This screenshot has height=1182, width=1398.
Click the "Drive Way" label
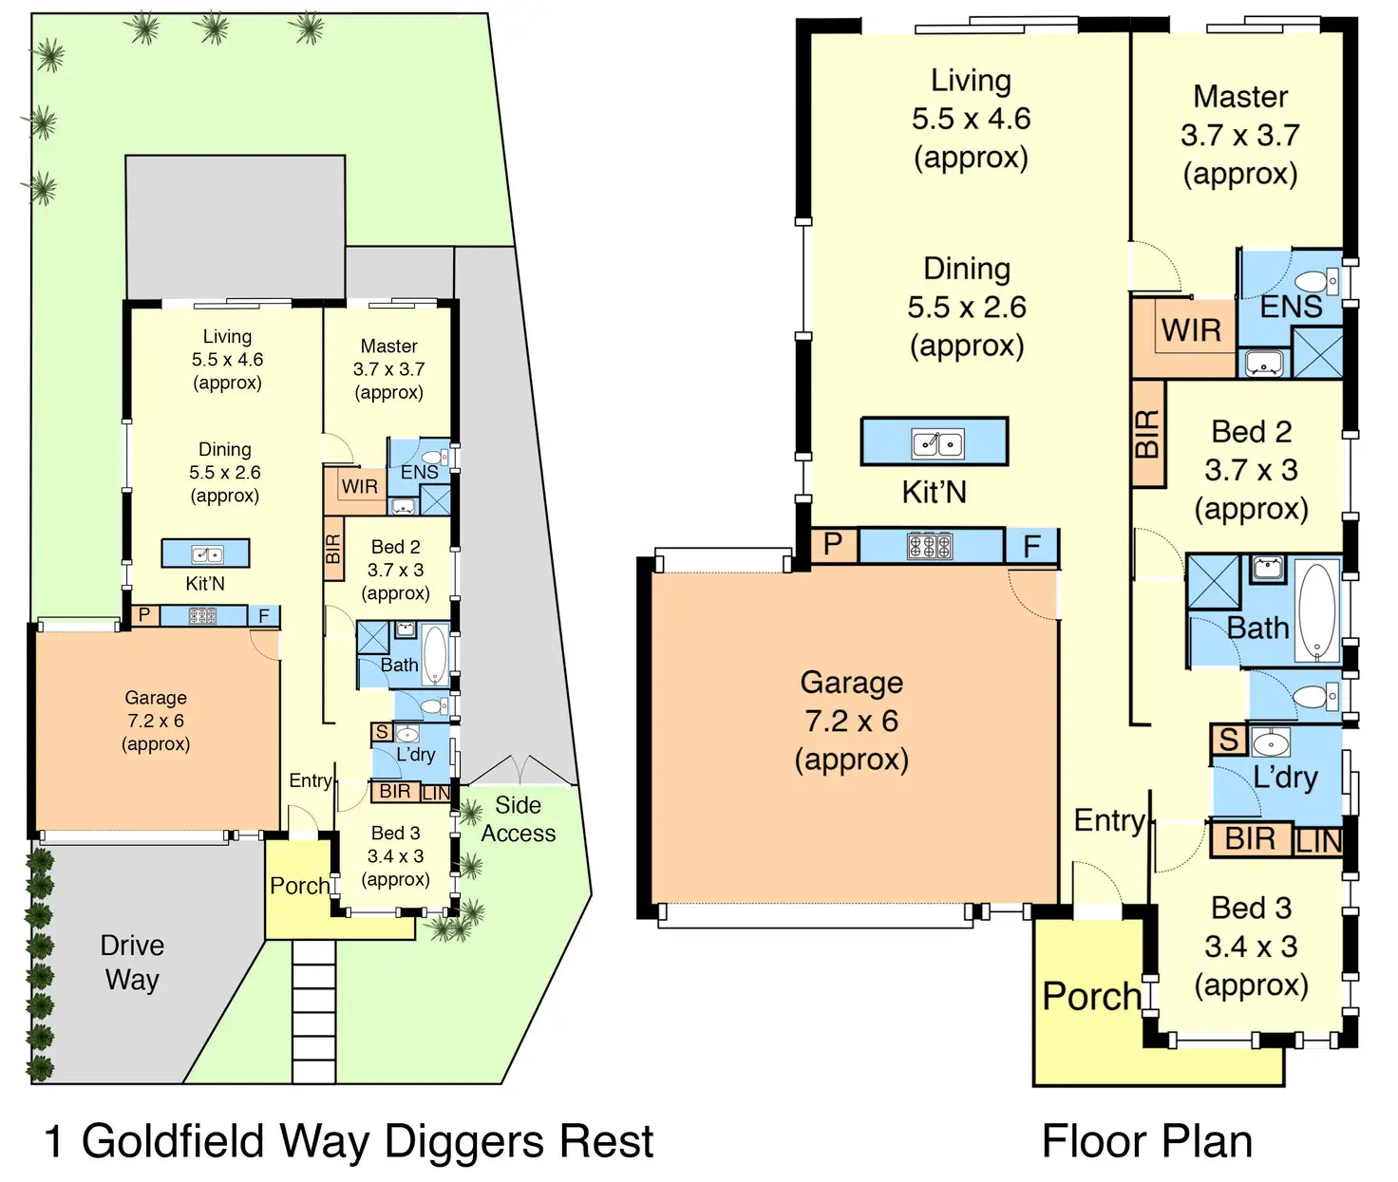[132, 963]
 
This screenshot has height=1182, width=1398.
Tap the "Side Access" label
[519, 819]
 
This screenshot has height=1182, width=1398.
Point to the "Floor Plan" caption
[1147, 1141]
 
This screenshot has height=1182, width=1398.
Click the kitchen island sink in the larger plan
[936, 444]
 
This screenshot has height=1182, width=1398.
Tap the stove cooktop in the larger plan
[929, 546]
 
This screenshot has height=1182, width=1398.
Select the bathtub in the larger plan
[1316, 610]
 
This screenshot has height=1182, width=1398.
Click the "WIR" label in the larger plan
[1191, 330]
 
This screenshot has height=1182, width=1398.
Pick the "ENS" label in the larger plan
[1291, 307]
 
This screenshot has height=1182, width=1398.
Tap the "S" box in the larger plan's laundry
[1228, 740]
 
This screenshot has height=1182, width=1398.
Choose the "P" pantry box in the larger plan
[833, 544]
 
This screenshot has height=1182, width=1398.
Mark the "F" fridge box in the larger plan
[1031, 546]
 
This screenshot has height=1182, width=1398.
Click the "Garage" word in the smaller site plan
[156, 698]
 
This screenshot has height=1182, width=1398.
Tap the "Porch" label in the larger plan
[1091, 996]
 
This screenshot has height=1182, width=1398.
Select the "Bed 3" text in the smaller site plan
[396, 833]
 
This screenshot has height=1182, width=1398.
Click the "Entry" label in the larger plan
[1109, 821]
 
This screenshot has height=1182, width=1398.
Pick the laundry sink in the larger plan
[1271, 744]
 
